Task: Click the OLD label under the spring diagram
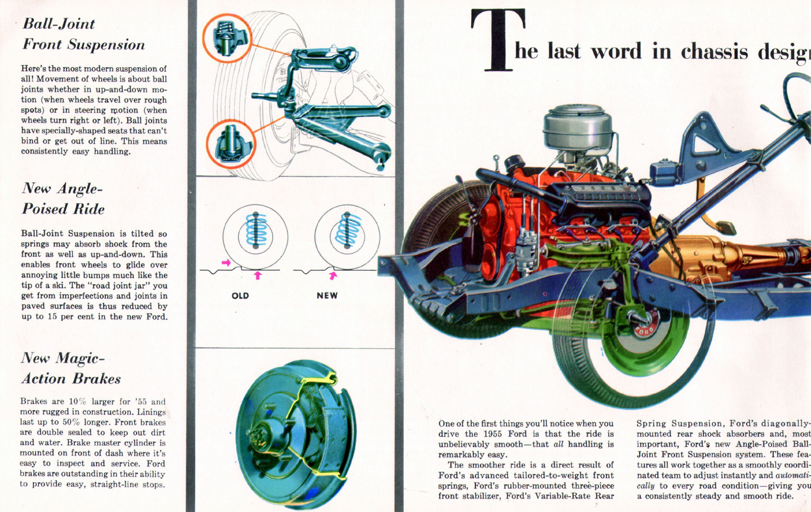240,296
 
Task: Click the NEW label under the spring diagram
327,295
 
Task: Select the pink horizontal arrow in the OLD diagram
226,262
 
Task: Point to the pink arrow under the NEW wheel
333,276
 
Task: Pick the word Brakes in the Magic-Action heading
96,379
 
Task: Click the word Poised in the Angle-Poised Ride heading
44,209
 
